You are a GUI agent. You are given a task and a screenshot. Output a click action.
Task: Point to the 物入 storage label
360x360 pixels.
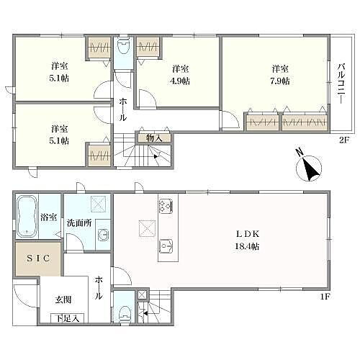tap(153, 137)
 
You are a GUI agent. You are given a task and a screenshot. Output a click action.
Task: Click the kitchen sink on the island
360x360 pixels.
tap(165, 247)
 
